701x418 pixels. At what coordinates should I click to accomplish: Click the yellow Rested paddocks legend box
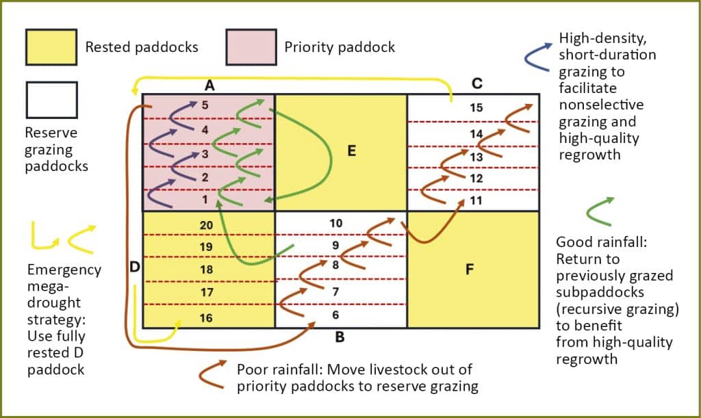point(51,47)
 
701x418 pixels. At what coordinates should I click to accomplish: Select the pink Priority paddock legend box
point(251,47)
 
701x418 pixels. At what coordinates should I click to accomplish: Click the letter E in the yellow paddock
point(352,151)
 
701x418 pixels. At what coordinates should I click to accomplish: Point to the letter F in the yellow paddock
point(470,269)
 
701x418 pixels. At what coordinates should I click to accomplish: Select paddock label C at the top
point(477,83)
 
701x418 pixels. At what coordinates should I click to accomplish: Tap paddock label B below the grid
point(340,337)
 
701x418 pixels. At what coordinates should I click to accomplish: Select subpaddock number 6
point(335,315)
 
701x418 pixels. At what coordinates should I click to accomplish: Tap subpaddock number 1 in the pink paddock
point(204,199)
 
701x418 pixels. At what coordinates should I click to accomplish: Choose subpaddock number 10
point(335,223)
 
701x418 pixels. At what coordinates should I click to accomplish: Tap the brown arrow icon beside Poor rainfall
point(214,373)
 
